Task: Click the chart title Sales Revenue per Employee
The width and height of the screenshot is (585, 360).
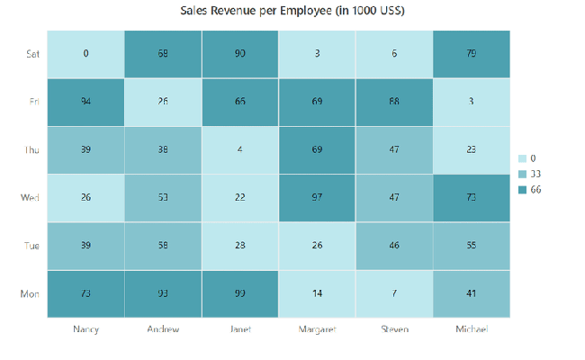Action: (x=292, y=11)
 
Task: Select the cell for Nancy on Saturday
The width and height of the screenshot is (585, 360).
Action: (x=85, y=54)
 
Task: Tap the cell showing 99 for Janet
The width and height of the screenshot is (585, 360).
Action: (x=240, y=293)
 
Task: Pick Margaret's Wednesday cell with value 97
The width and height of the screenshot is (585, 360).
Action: (x=318, y=198)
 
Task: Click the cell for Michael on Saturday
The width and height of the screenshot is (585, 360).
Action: (x=472, y=54)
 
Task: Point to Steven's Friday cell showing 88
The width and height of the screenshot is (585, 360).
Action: (x=394, y=102)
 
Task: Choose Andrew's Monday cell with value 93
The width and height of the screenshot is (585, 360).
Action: (x=163, y=293)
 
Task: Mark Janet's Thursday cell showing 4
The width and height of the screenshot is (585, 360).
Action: (x=240, y=149)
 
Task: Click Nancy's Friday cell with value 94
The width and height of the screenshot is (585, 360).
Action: (x=85, y=102)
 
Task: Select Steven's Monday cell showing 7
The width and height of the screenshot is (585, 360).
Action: (x=394, y=293)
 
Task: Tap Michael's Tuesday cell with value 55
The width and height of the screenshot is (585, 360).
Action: (x=472, y=246)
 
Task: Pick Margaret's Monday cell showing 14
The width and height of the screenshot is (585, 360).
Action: (x=318, y=293)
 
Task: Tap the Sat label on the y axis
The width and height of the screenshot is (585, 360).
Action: (x=31, y=54)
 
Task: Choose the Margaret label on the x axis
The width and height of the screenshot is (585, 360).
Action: (x=318, y=330)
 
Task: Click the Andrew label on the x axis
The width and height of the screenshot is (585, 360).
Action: (x=163, y=330)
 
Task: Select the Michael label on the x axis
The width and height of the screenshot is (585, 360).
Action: (x=472, y=330)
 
